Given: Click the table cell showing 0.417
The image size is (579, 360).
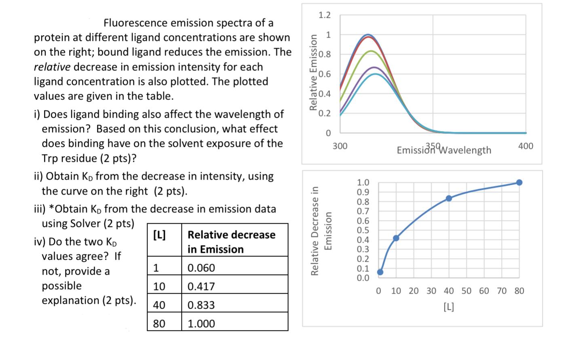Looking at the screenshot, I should click(201, 286).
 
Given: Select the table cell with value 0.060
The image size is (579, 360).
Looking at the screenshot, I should click(201, 268).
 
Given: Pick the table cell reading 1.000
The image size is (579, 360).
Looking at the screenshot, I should click(201, 324).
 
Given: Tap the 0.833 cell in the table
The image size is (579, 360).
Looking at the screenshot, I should click(201, 305).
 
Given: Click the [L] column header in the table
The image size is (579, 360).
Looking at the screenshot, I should click(159, 235).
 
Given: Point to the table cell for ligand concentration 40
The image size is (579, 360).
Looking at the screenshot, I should click(159, 305).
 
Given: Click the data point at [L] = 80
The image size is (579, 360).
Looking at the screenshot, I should click(520, 182).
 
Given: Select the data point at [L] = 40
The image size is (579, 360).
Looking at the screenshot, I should click(449, 198).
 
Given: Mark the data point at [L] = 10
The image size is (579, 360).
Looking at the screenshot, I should click(396, 238).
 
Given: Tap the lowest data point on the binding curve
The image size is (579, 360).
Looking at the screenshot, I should click(380, 272).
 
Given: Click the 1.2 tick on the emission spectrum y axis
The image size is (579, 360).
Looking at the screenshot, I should click(324, 15).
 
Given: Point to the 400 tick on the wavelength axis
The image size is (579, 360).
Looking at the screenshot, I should click(526, 146).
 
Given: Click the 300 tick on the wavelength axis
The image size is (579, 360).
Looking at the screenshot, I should click(340, 146).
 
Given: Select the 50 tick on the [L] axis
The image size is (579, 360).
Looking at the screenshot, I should click(466, 291).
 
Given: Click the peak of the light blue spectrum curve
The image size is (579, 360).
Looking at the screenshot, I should click(376, 74).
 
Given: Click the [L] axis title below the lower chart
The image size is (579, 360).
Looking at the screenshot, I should click(449, 307).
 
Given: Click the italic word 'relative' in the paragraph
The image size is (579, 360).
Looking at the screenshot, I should click(52, 67).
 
